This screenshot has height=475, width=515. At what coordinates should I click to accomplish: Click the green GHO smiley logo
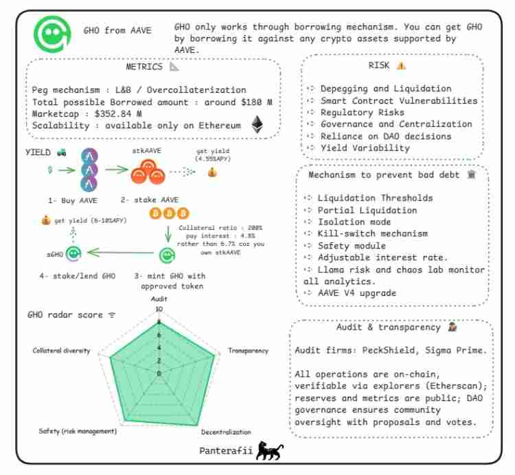pyautogui.click(x=53, y=33)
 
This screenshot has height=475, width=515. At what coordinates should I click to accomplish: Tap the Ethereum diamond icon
pyautogui.click(x=257, y=125)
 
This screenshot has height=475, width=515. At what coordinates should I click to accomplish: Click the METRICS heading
pyautogui.click(x=144, y=67)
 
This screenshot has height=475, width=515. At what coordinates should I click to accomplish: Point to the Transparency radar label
pyautogui.click(x=247, y=351)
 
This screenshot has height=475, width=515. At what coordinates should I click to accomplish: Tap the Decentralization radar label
pyautogui.click(x=226, y=432)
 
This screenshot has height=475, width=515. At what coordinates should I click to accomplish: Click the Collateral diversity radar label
pyautogui.click(x=61, y=351)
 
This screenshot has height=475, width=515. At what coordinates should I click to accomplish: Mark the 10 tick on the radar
pyautogui.click(x=159, y=310)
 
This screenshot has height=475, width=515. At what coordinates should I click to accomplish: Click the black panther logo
pyautogui.click(x=268, y=452)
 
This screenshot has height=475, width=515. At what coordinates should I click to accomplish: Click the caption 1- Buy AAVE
pyautogui.click(x=73, y=200)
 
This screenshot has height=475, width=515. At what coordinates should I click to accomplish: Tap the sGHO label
pyautogui.click(x=54, y=254)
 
